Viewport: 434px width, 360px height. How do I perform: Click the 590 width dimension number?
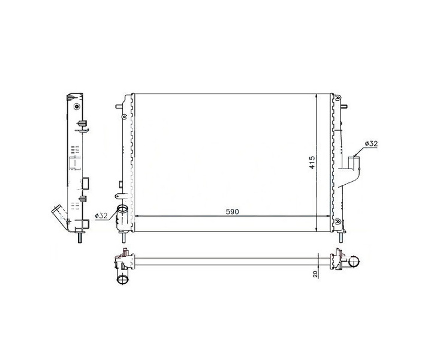click(x=232, y=212)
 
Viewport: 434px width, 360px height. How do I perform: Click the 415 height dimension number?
click(x=312, y=163)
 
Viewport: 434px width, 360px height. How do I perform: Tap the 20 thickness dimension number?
click(x=315, y=274)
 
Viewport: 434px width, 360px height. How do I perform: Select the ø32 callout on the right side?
click(x=371, y=143)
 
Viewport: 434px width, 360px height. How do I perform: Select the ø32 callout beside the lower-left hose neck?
click(x=101, y=215)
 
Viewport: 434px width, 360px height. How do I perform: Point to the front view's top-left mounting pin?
click(x=119, y=106)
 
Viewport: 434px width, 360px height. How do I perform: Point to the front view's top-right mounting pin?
click(x=344, y=106)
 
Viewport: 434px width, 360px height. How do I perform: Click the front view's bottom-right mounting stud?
click(x=340, y=236)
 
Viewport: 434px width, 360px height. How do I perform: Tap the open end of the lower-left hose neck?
click(x=122, y=208)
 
